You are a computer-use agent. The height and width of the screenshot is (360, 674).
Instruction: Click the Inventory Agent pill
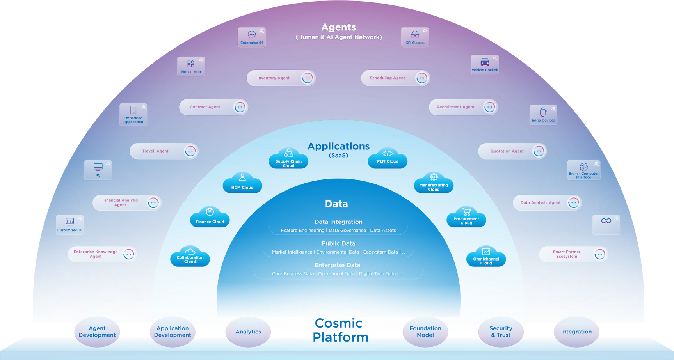tap(281, 78)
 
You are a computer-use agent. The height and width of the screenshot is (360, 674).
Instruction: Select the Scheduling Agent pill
tap(395, 78)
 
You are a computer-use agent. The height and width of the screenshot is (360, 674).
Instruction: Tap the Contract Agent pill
tap(213, 107)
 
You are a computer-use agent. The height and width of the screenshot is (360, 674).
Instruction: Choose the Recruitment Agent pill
tap(463, 107)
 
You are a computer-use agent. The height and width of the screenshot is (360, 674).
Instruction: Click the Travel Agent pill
tap(164, 151)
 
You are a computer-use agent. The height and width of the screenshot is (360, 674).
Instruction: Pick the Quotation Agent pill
tap(512, 151)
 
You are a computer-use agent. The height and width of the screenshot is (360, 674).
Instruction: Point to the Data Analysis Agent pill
tap(547, 203)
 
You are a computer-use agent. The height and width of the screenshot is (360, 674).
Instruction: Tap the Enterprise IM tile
tap(252, 37)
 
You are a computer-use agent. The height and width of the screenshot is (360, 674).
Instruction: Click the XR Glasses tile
tap(415, 37)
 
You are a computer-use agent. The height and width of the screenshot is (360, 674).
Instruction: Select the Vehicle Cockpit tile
tap(485, 65)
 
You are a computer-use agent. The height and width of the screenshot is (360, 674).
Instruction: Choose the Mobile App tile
tap(191, 67)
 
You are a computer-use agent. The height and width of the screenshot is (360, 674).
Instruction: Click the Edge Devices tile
tap(543, 115)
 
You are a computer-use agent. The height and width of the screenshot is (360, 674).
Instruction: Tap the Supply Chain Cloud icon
tap(288, 159)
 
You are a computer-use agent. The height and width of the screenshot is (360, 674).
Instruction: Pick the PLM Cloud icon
tap(388, 159)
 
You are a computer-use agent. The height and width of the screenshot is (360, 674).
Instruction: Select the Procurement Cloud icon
tap(466, 218)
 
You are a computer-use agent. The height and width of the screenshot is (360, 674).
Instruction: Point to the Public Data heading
tap(338, 243)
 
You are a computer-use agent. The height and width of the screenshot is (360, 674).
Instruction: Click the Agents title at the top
tap(338, 27)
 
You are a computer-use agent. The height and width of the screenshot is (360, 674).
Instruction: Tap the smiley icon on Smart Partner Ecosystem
tap(599, 254)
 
